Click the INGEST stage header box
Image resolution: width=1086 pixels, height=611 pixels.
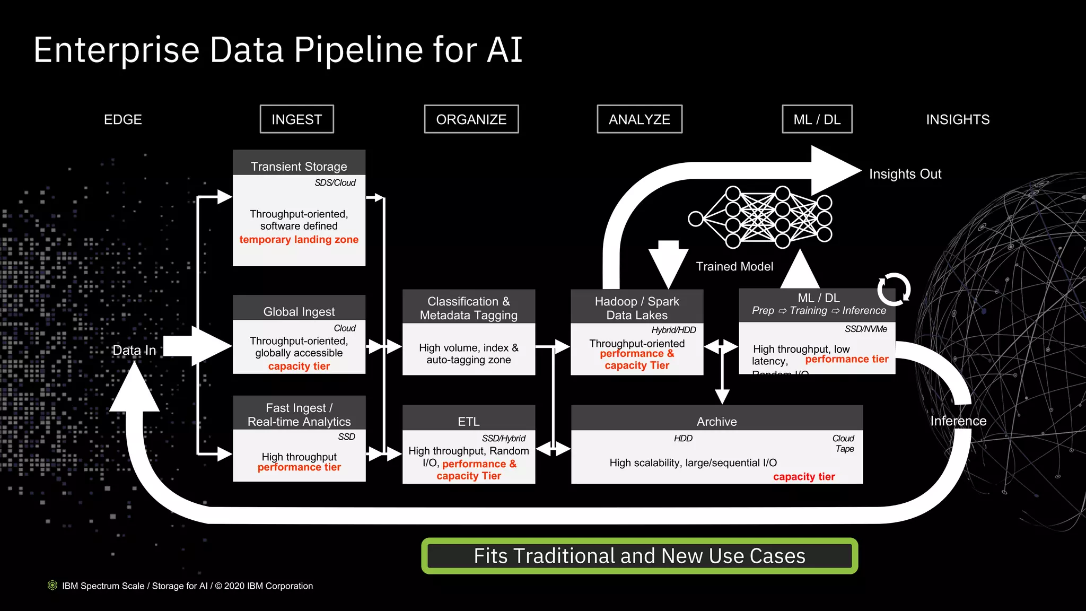tap(296, 119)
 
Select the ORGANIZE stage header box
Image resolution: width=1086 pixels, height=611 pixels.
tap(471, 119)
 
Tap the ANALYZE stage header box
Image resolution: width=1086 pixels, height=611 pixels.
tap(639, 119)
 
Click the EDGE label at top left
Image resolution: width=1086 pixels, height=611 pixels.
tap(122, 119)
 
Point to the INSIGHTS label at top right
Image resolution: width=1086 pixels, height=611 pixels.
tap(957, 119)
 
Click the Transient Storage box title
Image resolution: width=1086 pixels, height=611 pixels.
tap(299, 166)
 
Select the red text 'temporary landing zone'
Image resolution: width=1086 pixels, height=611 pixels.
tap(299, 239)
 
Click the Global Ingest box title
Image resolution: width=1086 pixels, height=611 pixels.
tap(299, 311)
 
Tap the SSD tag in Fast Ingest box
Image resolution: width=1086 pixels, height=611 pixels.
tap(346, 437)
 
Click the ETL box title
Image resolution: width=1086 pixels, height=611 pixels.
tap(468, 421)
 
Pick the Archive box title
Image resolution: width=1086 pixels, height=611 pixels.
tap(716, 421)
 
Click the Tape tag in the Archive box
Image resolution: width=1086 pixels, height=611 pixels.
tap(844, 449)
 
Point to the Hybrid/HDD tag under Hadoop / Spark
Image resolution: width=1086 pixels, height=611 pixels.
tap(673, 330)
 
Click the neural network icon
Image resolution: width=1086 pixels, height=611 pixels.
tap(760, 217)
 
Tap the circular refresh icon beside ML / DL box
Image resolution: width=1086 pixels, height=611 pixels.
tap(894, 289)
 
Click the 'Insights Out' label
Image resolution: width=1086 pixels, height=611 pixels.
tap(905, 174)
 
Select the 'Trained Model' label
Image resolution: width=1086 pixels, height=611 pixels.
tap(734, 266)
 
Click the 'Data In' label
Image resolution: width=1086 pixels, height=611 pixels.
tap(134, 350)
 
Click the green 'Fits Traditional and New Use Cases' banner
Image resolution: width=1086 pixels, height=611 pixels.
tap(639, 556)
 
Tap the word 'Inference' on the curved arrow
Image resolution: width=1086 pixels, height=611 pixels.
tap(958, 421)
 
